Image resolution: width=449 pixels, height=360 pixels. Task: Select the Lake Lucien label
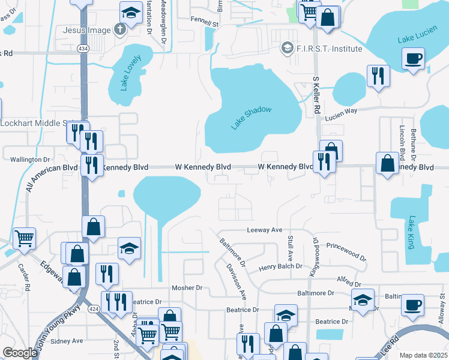[x=414, y=38]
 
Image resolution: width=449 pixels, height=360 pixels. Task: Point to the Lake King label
[x=411, y=233]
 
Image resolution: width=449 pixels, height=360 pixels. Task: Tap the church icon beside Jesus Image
[x=120, y=30]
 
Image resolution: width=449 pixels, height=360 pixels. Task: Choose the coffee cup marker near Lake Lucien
[x=414, y=59]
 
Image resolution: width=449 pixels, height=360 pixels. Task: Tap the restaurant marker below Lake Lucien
[x=378, y=76]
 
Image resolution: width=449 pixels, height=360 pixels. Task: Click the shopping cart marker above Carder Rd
[x=24, y=238]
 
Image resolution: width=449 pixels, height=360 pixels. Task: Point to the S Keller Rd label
[x=316, y=95]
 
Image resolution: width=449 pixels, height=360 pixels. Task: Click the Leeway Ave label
[x=264, y=230]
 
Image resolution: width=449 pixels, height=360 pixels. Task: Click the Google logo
[x=19, y=353]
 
